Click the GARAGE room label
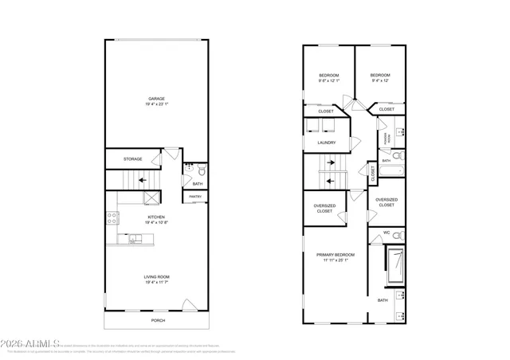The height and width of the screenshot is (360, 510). [156, 99]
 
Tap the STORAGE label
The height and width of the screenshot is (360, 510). [133, 158]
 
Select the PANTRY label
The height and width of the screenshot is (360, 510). [195, 196]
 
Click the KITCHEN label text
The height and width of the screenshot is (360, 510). [156, 216]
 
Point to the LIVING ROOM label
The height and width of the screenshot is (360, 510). [157, 276]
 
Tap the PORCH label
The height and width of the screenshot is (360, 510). [158, 321]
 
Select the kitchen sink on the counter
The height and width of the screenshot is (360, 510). [133, 237]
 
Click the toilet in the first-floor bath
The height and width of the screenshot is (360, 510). [201, 170]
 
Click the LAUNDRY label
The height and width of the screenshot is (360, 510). [326, 143]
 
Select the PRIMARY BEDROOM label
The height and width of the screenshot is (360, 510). [335, 254]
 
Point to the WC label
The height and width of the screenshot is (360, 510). [386, 233]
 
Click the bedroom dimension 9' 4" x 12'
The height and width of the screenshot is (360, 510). [381, 80]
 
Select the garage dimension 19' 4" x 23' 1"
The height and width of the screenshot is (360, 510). [156, 104]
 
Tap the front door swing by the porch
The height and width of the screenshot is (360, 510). [188, 305]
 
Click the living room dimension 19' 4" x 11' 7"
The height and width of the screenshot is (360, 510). [157, 282]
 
